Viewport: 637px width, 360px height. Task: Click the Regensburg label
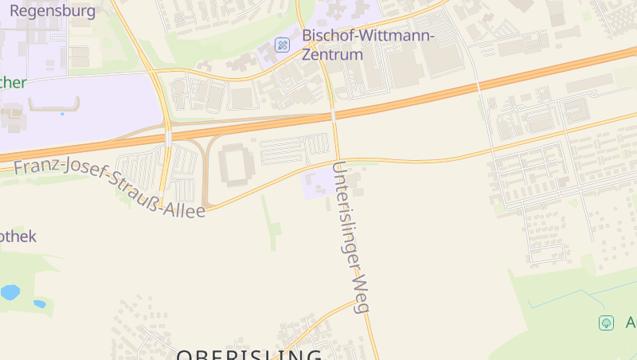point(53,11)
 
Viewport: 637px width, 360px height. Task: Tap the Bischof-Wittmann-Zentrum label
point(368,36)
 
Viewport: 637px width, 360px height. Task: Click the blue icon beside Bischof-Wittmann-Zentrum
point(282,45)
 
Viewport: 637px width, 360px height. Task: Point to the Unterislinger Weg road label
point(353,237)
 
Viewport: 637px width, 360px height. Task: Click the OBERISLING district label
point(248,354)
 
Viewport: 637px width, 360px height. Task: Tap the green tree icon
point(607,323)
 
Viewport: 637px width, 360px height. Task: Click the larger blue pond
point(10,292)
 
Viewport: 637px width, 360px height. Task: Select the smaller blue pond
point(39,303)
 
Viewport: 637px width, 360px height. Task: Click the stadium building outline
point(235,164)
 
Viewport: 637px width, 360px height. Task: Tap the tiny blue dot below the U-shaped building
point(62,114)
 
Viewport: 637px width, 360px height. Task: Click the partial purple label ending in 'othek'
point(18,237)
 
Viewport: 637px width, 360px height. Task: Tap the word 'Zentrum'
point(332,55)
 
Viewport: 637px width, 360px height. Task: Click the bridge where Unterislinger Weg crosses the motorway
point(334,115)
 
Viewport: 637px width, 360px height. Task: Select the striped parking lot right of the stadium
point(295,149)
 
